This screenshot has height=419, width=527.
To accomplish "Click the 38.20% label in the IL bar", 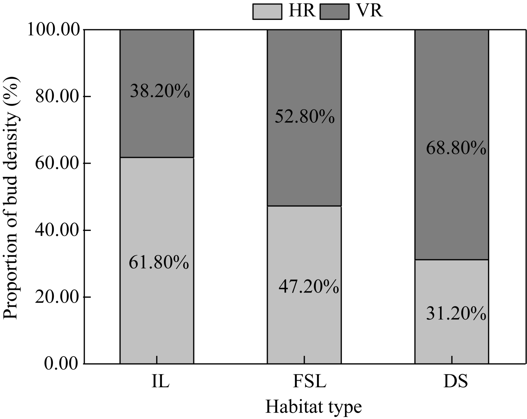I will [160, 91].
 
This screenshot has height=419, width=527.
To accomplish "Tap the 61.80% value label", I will [159, 262].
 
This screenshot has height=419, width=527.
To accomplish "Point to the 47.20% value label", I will [309, 287].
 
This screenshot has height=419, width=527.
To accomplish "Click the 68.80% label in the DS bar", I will [456, 148].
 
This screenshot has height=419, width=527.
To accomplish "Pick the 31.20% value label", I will [456, 313].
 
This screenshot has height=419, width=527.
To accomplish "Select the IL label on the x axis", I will [160, 382].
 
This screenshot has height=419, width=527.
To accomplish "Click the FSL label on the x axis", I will [310, 382].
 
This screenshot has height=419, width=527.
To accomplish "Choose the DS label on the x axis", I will [456, 382].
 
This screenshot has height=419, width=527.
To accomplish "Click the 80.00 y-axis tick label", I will [57, 97].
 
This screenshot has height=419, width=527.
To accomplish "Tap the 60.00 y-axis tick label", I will [57, 163].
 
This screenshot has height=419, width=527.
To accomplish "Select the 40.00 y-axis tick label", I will [57, 230].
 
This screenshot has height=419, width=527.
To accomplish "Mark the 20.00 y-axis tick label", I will [57, 297].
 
